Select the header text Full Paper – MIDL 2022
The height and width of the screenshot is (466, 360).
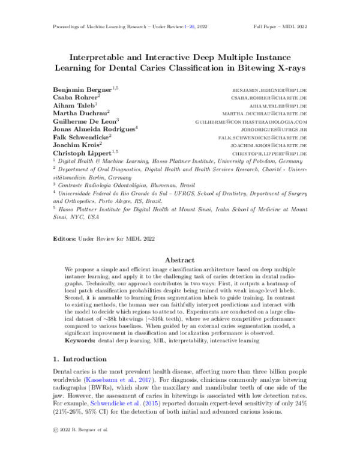[280, 28]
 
